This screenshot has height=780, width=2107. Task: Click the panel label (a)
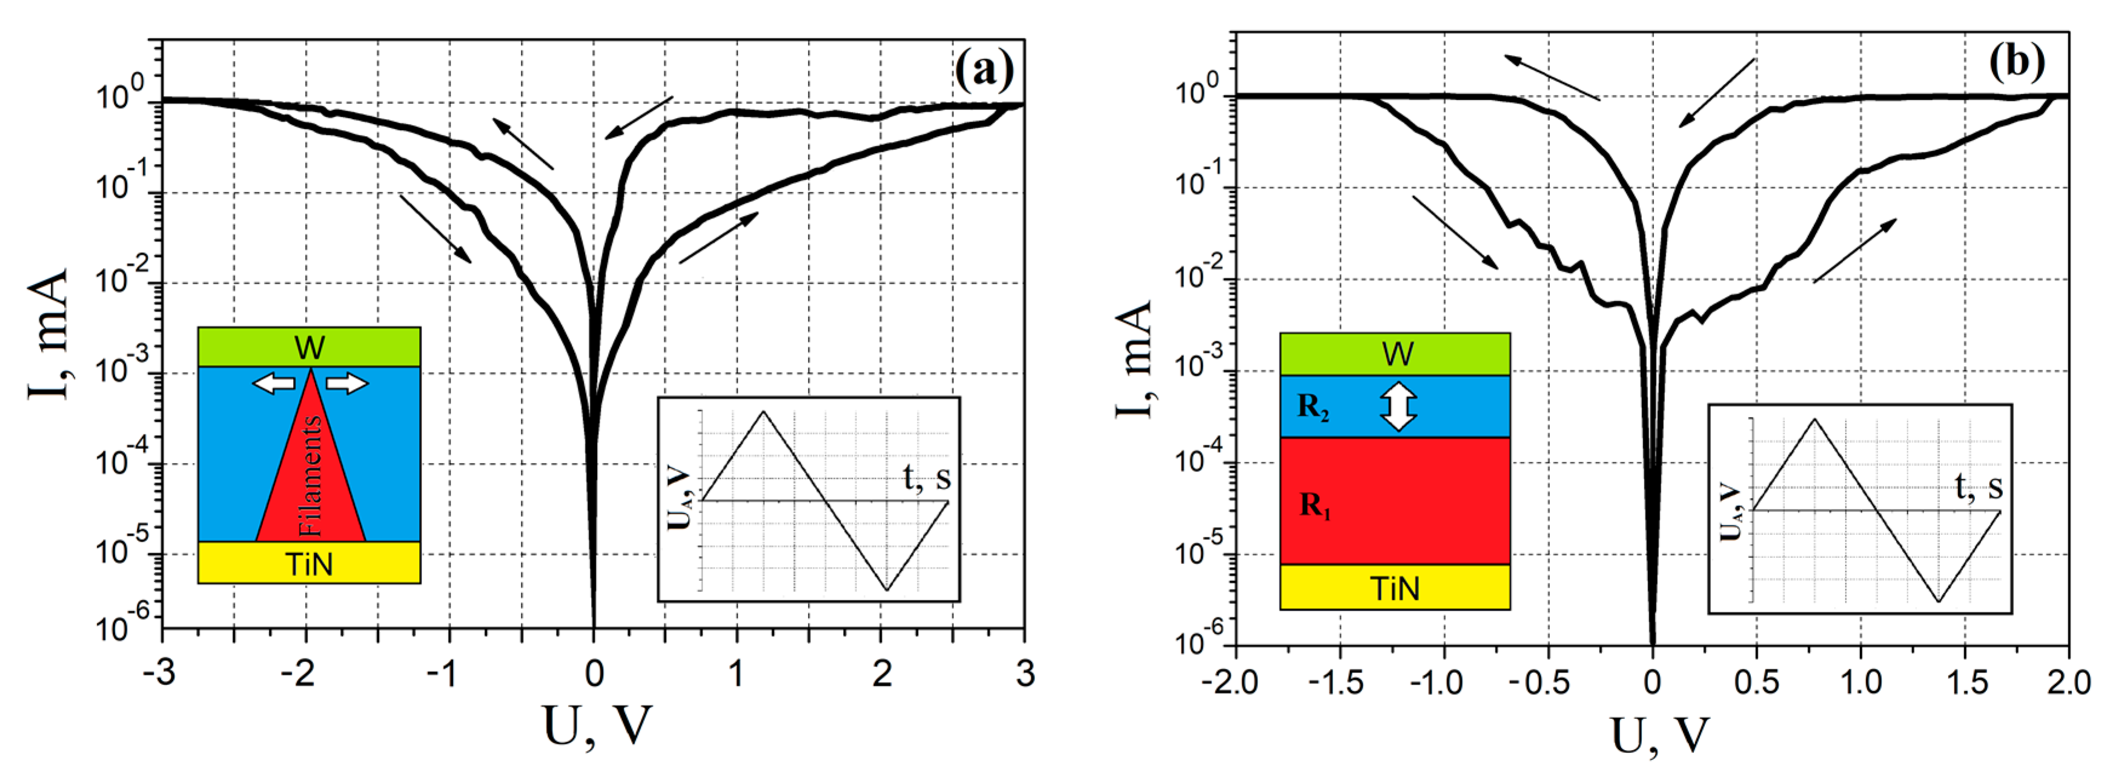tap(984, 70)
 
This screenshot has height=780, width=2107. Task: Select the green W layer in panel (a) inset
tap(309, 347)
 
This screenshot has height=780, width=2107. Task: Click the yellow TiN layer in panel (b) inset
tap(1395, 588)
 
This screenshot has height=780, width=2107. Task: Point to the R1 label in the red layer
tap(1315, 506)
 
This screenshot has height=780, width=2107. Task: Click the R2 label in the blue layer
tap(1313, 407)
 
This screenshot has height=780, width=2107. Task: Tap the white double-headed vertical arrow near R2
tap(1398, 407)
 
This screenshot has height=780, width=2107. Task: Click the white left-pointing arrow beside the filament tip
tap(273, 382)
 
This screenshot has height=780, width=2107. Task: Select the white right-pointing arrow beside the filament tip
tap(348, 382)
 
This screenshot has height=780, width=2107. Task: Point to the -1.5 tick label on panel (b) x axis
tap(1338, 682)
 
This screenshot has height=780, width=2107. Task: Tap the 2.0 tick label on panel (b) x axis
tap(2068, 682)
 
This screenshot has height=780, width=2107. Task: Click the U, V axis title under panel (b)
tap(1661, 736)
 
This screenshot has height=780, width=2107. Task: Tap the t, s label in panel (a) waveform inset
tap(927, 477)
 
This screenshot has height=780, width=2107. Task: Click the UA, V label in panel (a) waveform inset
tap(680, 500)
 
